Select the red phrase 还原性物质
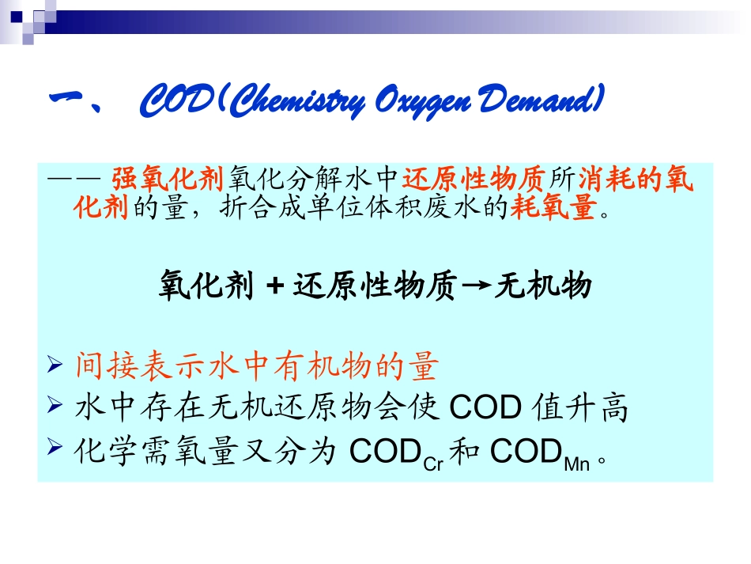point(475,180)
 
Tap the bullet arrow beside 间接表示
point(55,366)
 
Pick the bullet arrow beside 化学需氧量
point(55,449)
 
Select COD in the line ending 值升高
point(485,409)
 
